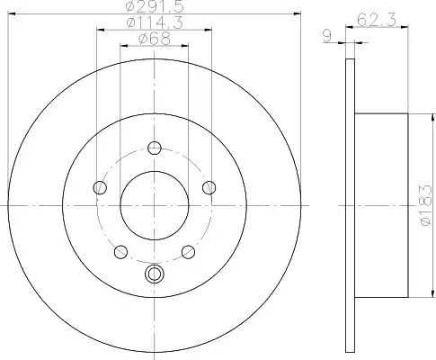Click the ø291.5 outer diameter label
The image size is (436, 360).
155,6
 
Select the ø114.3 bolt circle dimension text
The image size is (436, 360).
155,22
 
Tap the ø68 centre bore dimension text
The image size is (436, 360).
155,39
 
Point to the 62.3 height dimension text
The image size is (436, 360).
377,20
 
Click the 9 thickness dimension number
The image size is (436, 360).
327,37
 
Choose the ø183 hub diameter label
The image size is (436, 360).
426,205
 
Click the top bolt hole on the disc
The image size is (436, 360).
155,148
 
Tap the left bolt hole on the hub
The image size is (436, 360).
100,188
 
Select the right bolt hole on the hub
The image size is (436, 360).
209,188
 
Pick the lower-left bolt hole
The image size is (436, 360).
120,252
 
